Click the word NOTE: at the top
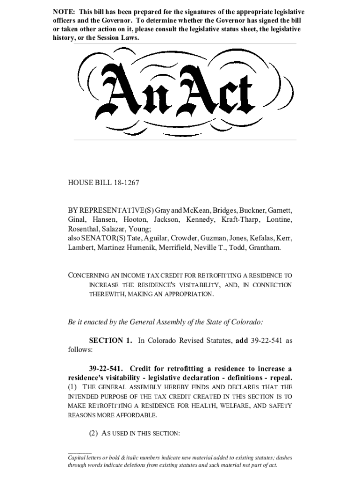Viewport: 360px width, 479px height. [x=64, y=11]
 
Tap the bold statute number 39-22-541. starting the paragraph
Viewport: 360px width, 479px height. [x=107, y=368]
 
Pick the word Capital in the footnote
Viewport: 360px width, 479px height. [x=78, y=457]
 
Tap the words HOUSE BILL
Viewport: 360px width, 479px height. [x=89, y=183]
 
